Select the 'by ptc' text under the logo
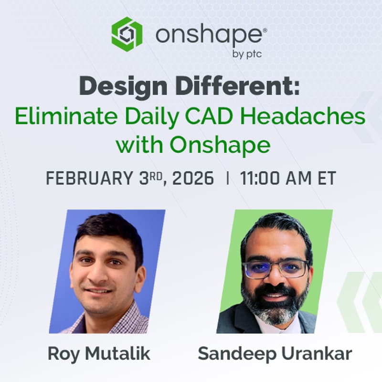[x=246, y=54]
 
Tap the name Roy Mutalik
[x=99, y=354]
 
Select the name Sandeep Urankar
[x=275, y=354]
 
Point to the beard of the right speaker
[x=275, y=306]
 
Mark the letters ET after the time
[x=325, y=179]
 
